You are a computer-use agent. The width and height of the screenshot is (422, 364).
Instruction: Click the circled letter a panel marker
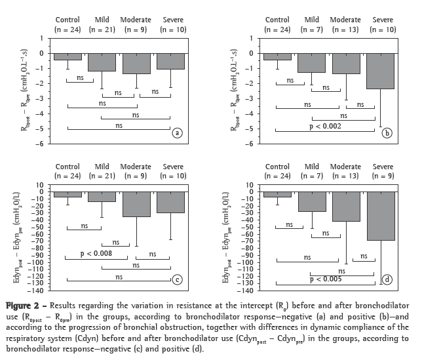[176, 133]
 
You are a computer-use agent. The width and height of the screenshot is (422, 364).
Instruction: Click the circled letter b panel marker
[387, 133]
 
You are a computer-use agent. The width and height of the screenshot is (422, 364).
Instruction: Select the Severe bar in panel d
[381, 216]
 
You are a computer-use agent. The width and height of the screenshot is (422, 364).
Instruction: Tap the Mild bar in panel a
[102, 62]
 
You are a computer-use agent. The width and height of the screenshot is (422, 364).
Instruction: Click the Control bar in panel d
[277, 194]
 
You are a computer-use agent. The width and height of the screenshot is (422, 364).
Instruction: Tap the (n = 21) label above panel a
[102, 30]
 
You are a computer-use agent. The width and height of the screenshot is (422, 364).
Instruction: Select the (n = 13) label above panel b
[345, 30]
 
